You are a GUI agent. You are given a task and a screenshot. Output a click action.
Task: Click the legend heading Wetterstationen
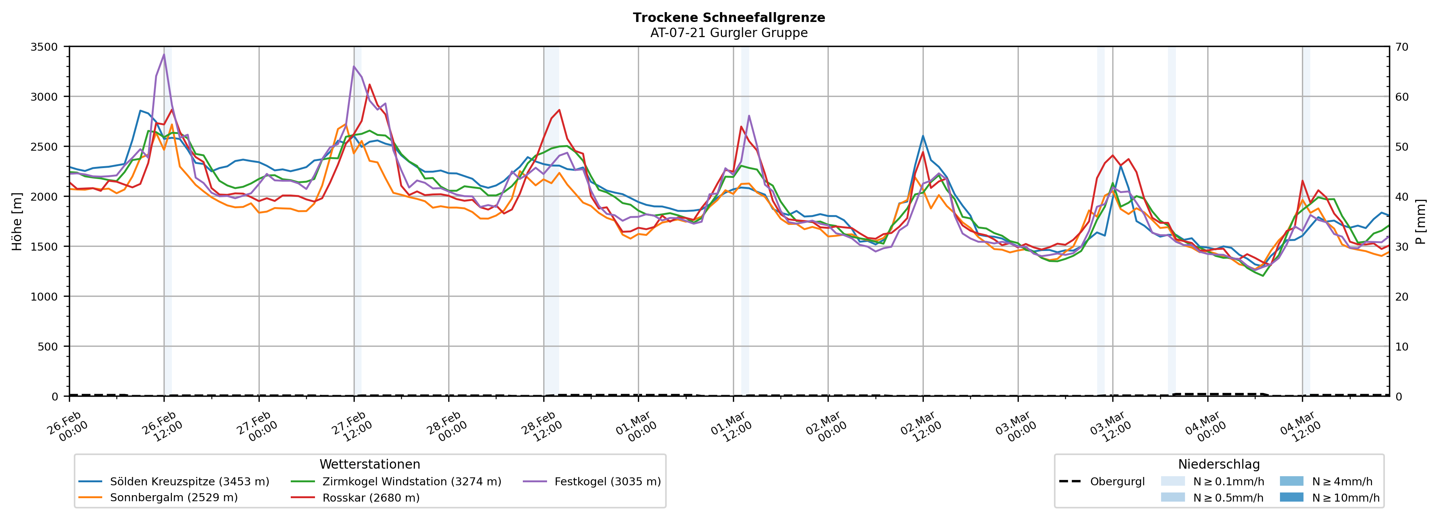pyautogui.click(x=370, y=464)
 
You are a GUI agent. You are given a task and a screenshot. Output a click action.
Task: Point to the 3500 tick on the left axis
pyautogui.click(x=44, y=47)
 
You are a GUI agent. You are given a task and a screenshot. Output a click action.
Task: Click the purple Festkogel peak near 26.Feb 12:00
pyautogui.click(x=164, y=54)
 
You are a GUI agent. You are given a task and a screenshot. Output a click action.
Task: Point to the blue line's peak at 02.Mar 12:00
pyautogui.click(x=923, y=136)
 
